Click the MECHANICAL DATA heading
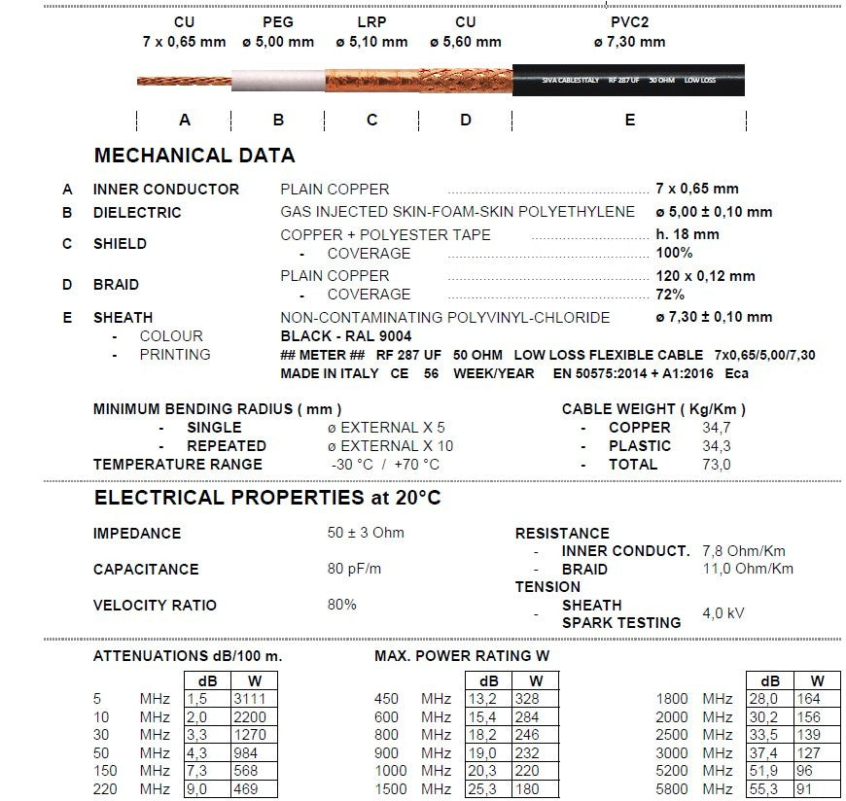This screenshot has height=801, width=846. pyautogui.click(x=194, y=156)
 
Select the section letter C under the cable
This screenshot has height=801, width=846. pyautogui.click(x=371, y=120)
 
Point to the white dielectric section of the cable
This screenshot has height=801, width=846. pyautogui.click(x=277, y=80)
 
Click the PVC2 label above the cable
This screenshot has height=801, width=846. pyautogui.click(x=629, y=21)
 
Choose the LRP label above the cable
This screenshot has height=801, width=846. pyautogui.click(x=370, y=21)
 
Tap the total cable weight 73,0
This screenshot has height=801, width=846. pyautogui.click(x=717, y=465)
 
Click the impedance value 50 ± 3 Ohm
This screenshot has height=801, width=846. pyautogui.click(x=366, y=533)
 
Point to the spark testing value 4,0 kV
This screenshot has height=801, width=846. pyautogui.click(x=723, y=613)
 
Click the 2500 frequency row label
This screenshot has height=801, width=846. pyautogui.click(x=673, y=735)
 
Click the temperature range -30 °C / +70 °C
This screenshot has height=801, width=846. pyautogui.click(x=384, y=465)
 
